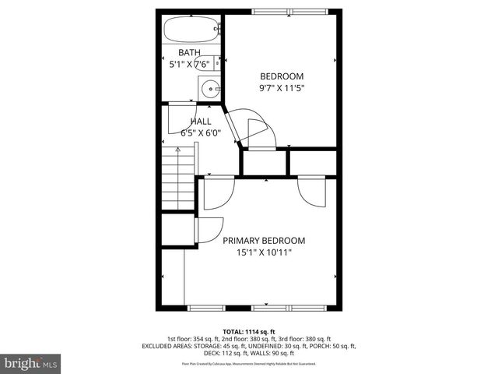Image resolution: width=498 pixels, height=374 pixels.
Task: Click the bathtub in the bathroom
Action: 191,30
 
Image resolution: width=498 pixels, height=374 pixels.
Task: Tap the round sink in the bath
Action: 209,89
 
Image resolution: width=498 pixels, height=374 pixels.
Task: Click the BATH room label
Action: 189,53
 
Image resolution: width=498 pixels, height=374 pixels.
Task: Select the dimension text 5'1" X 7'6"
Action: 189,65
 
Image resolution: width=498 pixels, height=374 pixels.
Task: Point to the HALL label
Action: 201,122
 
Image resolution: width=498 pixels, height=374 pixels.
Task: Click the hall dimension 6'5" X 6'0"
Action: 201,132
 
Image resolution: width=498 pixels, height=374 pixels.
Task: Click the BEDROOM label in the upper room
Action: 282,76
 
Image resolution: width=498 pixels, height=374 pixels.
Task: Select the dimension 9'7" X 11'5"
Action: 282,88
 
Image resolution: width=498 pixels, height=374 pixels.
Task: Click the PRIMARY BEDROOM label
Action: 265,241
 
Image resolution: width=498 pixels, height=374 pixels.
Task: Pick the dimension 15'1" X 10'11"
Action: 265,252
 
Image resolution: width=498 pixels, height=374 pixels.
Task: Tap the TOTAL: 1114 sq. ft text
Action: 248,330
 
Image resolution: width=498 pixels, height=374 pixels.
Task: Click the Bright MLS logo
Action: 31,362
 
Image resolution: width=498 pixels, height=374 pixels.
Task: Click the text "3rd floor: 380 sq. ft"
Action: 324,338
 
